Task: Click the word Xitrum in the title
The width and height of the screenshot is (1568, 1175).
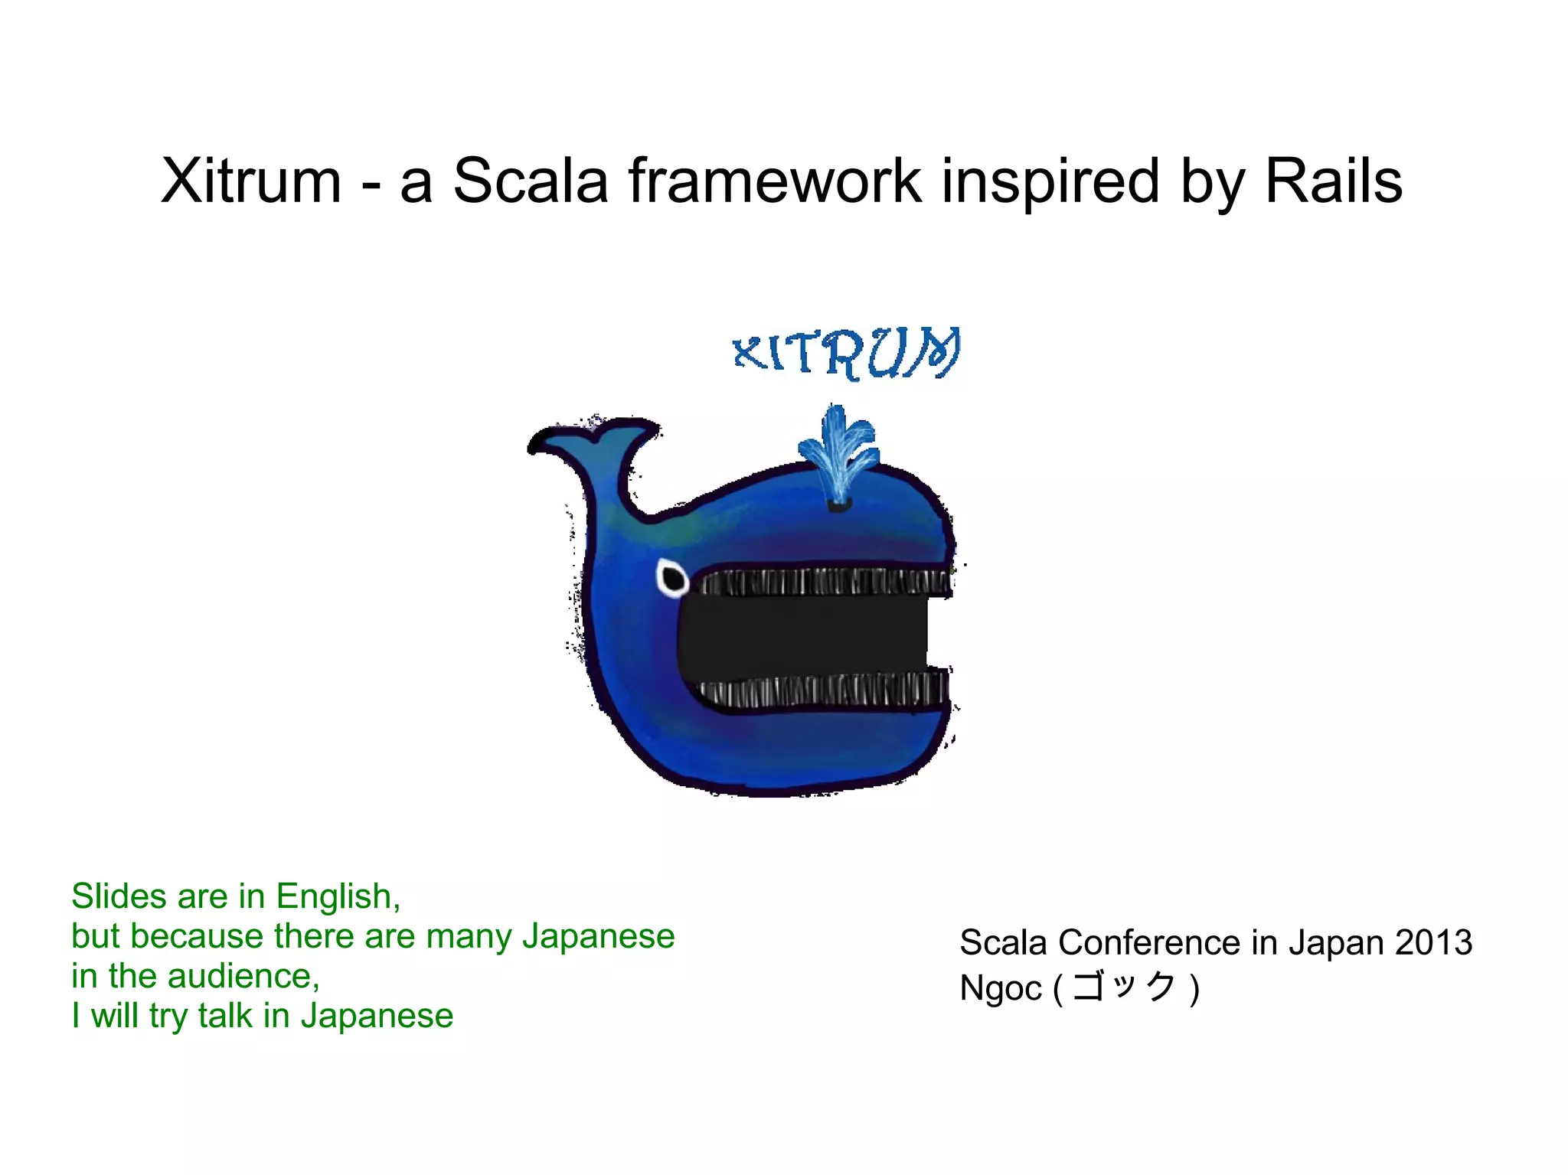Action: click(250, 181)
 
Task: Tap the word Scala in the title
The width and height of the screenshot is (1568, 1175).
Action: click(530, 181)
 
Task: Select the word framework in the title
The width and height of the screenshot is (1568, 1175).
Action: click(776, 181)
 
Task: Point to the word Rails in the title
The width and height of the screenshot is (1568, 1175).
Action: click(1333, 181)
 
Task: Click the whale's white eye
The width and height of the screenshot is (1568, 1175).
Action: click(672, 578)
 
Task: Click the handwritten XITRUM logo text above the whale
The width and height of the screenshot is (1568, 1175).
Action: click(846, 353)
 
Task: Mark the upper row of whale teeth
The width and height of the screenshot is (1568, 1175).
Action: click(827, 583)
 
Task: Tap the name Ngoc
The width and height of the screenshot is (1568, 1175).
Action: click(1000, 988)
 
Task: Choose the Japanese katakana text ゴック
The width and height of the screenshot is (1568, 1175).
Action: click(1124, 987)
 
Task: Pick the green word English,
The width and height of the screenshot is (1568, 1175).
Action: click(338, 897)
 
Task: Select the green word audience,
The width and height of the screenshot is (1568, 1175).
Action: click(243, 977)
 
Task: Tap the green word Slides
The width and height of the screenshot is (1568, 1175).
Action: click(119, 896)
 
